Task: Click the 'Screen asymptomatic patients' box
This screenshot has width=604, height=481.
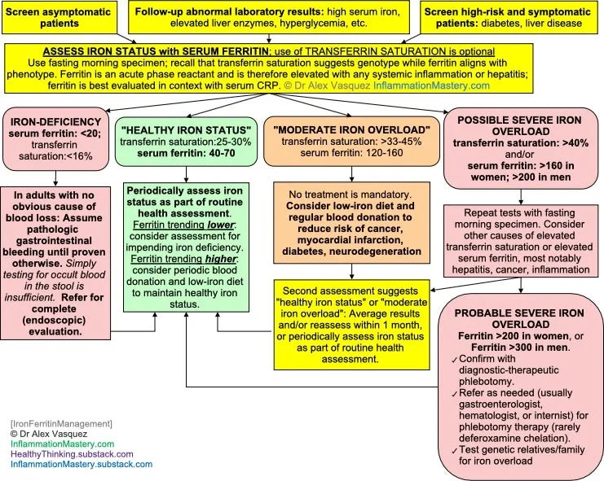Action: (60, 17)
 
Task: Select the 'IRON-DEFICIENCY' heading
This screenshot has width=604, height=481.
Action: (56, 122)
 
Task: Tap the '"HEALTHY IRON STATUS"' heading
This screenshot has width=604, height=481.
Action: (186, 130)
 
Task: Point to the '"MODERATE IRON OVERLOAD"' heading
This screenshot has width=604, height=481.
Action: (351, 130)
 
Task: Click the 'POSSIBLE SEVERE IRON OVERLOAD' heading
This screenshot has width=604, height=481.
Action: (520, 125)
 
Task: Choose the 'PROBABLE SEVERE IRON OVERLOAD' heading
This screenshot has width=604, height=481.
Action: (520, 318)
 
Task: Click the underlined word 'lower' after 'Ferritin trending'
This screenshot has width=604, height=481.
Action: (221, 225)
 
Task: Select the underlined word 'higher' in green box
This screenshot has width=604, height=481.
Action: (221, 259)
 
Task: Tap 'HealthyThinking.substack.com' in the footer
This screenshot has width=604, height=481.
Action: (72, 454)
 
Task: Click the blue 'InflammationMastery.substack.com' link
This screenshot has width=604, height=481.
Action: (82, 464)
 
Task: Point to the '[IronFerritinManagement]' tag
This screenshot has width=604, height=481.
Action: (61, 424)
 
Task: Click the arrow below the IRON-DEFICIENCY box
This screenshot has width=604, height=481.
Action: (55, 178)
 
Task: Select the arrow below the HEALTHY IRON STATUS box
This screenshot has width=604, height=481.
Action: (186, 174)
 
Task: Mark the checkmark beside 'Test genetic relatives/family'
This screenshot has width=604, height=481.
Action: (454, 451)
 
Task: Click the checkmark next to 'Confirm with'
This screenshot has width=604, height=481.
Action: (454, 360)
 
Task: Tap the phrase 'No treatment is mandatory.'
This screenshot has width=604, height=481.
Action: (350, 195)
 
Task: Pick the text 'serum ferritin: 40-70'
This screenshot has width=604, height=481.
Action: (186, 153)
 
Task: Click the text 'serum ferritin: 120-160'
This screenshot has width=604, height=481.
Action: (351, 153)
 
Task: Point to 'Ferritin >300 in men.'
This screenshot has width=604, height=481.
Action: (520, 348)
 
